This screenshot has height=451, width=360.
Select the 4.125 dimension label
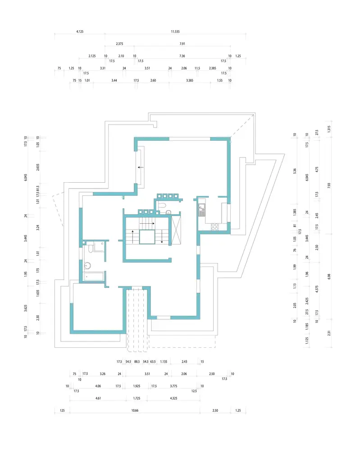80,32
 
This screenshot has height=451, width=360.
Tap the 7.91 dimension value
182,44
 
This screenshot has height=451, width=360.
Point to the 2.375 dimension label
119,44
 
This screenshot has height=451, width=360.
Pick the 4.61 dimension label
100,398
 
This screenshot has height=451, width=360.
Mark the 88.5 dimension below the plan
137,362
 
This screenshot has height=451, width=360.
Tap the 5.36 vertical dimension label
294,171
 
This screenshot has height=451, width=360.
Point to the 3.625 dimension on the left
26,308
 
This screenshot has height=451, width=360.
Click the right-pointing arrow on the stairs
147,223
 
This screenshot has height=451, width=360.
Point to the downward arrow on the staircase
162,238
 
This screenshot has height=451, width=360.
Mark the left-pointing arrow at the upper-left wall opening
141,167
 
